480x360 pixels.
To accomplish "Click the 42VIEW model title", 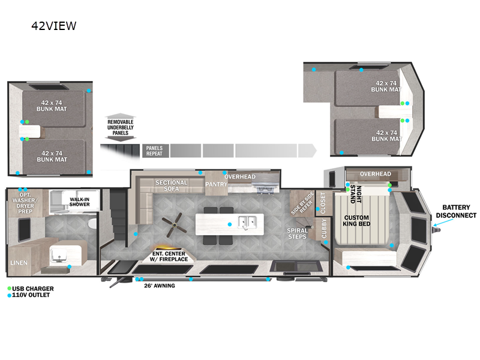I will tap(54, 26).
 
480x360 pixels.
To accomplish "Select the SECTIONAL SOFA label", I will tap(172, 185).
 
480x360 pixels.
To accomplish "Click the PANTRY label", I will tap(216, 184).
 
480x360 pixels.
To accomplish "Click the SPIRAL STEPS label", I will tap(298, 233).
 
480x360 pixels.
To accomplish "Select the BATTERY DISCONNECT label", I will tap(456, 211).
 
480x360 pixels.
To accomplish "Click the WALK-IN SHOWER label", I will tap(79, 201).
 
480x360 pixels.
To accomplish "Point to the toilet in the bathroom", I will tap(92, 225).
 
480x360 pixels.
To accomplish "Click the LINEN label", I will tap(19, 263).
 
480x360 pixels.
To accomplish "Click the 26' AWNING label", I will tap(160, 286).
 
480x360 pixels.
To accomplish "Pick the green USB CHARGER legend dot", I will tap(10, 289).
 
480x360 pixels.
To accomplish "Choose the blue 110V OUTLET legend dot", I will tap(10, 295).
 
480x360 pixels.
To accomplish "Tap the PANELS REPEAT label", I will tap(155, 150).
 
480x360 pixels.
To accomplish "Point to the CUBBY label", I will tap(324, 229).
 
